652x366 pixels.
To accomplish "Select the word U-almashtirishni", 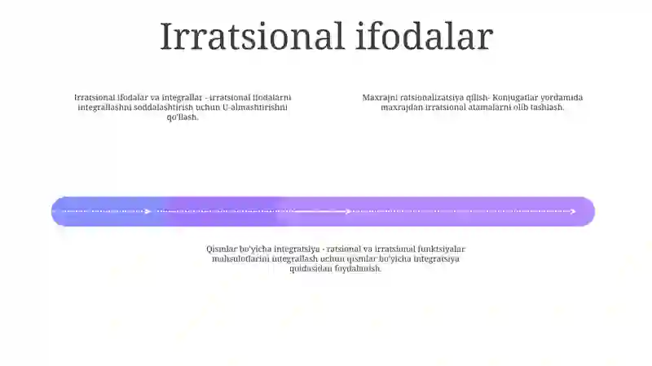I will pos(255,107).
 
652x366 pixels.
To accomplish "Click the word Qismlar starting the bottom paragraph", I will pos(222,249).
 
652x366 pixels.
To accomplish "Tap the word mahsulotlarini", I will pos(240,258).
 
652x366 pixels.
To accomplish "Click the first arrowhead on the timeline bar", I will pos(148,211).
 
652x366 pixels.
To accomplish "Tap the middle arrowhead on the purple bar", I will pos(348,211).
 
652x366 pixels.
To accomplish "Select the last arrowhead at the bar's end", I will pos(573,211).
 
